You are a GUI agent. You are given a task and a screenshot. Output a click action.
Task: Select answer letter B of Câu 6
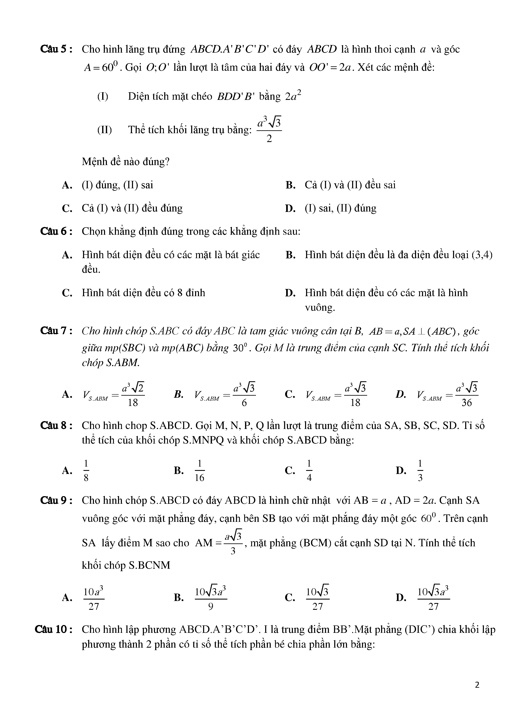pyautogui.click(x=290, y=255)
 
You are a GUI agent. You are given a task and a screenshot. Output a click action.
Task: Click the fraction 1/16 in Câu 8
pyautogui.click(x=199, y=471)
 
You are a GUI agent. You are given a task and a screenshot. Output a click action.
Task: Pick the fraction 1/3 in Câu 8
pyautogui.click(x=420, y=471)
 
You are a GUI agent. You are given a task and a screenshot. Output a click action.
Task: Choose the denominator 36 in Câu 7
pyautogui.click(x=467, y=403)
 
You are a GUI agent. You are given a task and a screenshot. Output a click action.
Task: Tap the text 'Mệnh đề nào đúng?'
pyautogui.click(x=126, y=162)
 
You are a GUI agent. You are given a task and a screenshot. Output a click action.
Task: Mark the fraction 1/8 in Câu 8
pyautogui.click(x=86, y=471)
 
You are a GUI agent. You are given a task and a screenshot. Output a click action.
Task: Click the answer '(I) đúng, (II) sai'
pyautogui.click(x=117, y=185)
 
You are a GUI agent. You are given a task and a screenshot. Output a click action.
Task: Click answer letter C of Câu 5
pyautogui.click(x=67, y=208)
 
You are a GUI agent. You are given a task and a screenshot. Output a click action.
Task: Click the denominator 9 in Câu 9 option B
pyautogui.click(x=211, y=606)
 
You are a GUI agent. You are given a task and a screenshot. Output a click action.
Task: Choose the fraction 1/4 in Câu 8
pyautogui.click(x=309, y=471)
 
